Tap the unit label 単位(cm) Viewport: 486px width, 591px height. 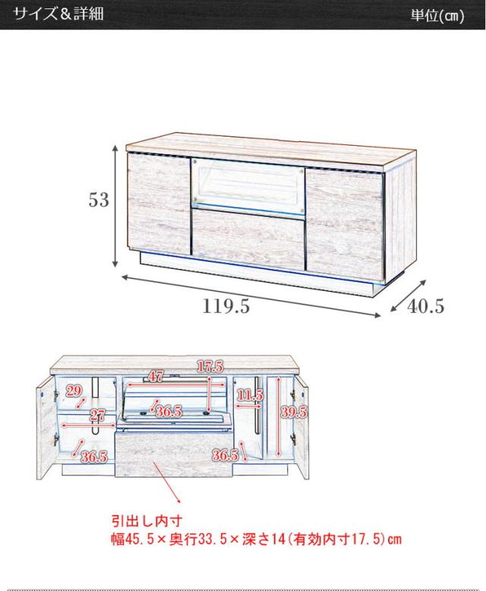[x=437, y=16]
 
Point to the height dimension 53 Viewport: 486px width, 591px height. [x=99, y=200]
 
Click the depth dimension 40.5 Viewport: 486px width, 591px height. [x=425, y=306]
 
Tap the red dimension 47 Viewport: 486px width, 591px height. [x=155, y=377]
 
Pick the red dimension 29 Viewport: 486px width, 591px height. [x=74, y=391]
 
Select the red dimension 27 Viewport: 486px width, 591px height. [x=96, y=415]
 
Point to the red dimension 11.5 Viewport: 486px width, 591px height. [x=249, y=396]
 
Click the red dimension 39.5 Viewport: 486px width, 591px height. [x=292, y=412]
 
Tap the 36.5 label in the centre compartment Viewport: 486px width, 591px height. [x=167, y=411]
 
